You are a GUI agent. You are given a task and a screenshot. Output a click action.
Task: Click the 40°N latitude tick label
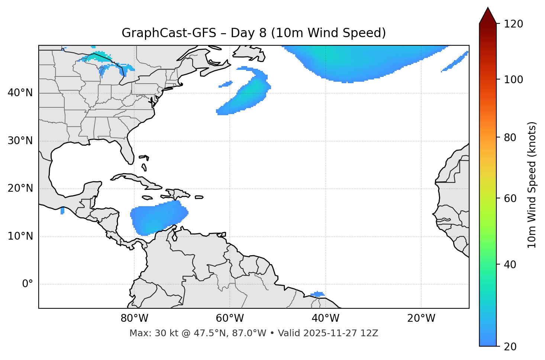[x=20, y=93]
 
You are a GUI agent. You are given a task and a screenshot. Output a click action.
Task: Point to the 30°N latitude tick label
[x=20, y=141]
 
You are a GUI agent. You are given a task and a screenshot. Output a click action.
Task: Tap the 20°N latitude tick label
[x=20, y=188]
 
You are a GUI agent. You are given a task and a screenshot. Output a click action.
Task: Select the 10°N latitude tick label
[x=20, y=236]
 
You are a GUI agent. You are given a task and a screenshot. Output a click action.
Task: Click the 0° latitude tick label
[x=28, y=284]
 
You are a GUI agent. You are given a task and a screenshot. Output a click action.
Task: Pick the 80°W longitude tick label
[x=134, y=318]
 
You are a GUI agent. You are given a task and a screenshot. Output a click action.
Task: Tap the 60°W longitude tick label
[x=230, y=318]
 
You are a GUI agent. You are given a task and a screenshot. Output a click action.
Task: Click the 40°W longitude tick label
[x=325, y=318]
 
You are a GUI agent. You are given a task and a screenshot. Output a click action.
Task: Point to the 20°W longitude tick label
[x=421, y=318]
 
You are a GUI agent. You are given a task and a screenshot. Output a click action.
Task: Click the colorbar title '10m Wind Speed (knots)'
[x=532, y=185]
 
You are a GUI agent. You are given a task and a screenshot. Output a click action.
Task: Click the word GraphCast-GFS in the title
[x=169, y=33]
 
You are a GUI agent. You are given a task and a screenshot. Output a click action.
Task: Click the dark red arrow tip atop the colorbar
[x=487, y=15]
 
